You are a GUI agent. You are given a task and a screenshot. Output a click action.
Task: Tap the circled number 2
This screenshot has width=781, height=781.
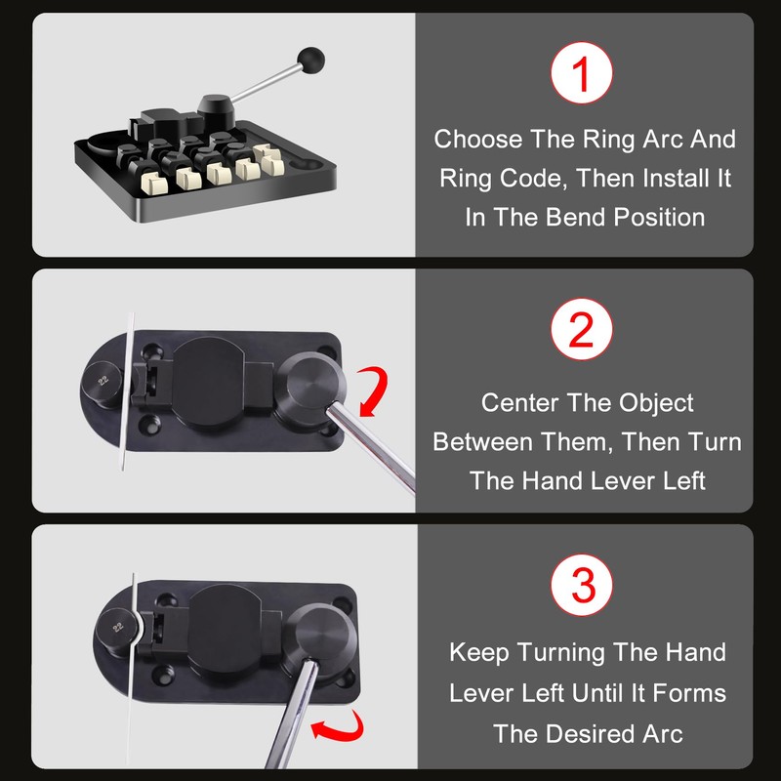[x=583, y=332]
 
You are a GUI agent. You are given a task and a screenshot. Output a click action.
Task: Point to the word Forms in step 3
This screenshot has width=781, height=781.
[x=692, y=692]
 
